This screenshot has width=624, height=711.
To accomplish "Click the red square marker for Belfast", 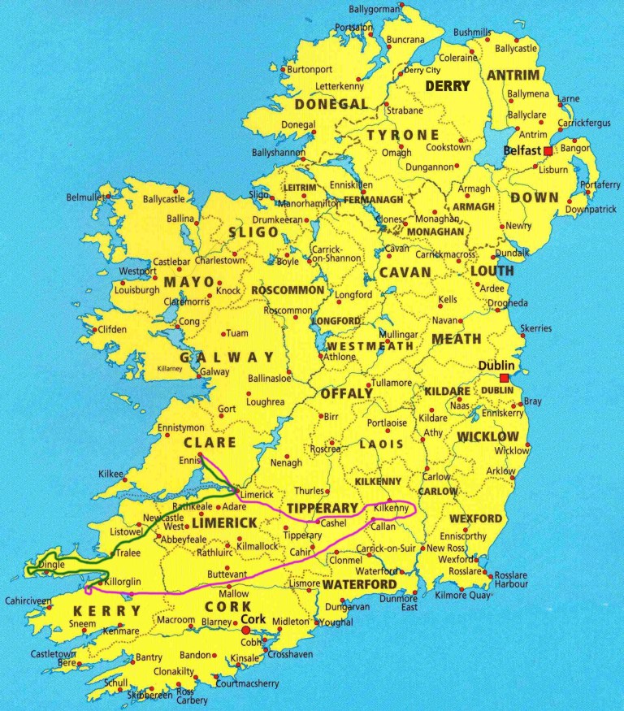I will click(x=548, y=151).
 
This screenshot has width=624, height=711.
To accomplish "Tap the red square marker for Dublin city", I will click(x=505, y=378).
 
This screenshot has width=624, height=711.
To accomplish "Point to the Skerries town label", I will click(x=536, y=328).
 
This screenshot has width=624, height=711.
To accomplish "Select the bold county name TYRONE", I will click(x=403, y=134).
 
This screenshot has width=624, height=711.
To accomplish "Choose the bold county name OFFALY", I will click(x=346, y=394).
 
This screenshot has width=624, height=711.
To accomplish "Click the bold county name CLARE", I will click(x=210, y=443).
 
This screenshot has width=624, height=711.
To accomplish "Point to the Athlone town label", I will click(x=340, y=357).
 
